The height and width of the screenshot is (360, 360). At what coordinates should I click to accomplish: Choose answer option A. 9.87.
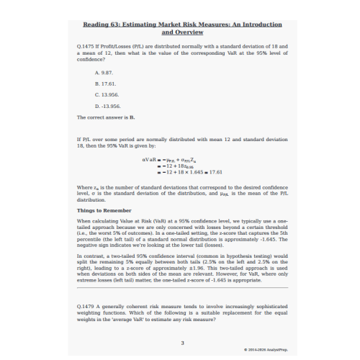pos(103,73)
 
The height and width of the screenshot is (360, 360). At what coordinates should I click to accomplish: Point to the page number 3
pos(182,343)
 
